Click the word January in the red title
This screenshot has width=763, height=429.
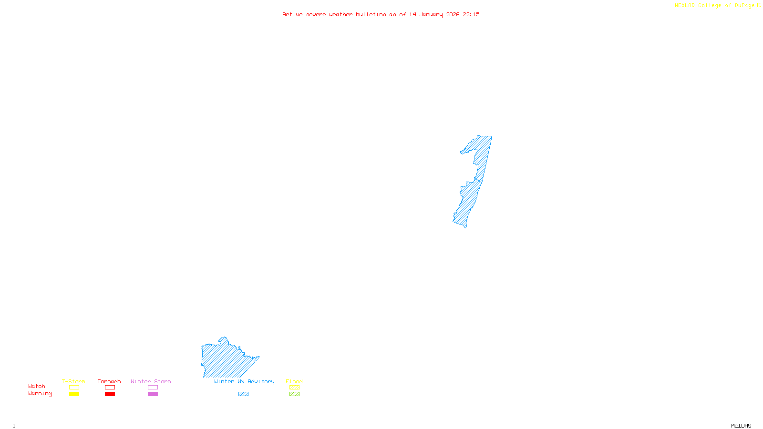(431, 14)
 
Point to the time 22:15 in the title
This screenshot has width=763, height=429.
(471, 14)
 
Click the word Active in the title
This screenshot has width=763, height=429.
(292, 14)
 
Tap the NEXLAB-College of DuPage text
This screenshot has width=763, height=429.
(714, 5)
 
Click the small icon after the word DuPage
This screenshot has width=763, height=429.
(759, 5)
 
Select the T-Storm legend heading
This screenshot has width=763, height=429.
(73, 381)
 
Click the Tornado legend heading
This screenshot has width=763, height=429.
(109, 381)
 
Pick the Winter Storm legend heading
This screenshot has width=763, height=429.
(151, 381)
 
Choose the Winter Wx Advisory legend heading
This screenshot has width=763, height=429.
(244, 381)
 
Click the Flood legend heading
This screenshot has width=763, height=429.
(294, 381)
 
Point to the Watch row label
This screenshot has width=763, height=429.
(37, 386)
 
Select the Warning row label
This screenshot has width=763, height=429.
(40, 394)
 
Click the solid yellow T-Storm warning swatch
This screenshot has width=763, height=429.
(74, 394)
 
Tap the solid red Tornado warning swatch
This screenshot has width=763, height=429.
(110, 394)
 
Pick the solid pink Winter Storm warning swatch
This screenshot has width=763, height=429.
(153, 394)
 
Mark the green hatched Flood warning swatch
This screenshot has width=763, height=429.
(294, 394)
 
